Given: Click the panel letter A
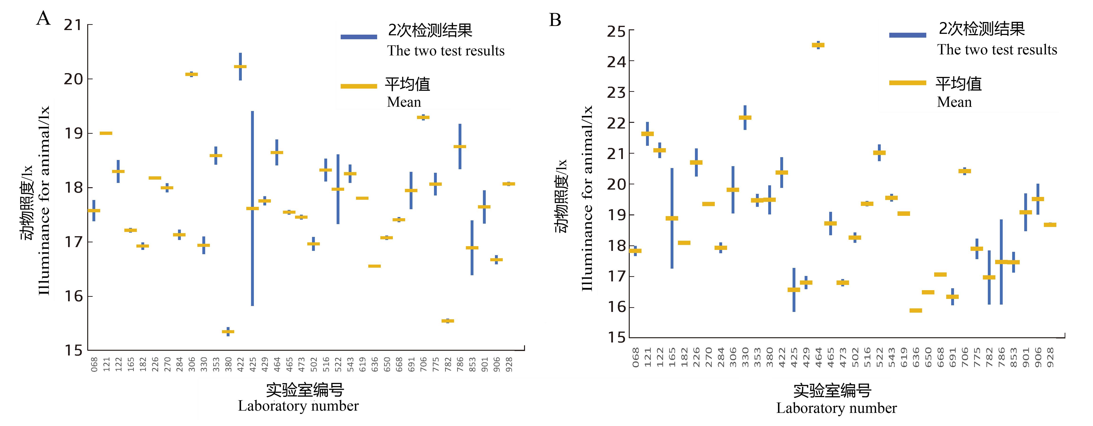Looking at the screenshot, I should point(43,19).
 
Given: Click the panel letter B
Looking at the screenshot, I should point(555,20).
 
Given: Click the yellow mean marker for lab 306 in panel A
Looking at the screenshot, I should point(191,74).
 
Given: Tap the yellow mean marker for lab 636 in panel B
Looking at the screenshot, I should point(916,311).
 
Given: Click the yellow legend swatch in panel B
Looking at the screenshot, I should point(908,83).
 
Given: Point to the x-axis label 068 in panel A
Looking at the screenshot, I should point(94,364).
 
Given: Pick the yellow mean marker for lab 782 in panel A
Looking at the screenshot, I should point(448,321).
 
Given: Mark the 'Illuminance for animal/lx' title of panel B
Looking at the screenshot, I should point(587,198).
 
